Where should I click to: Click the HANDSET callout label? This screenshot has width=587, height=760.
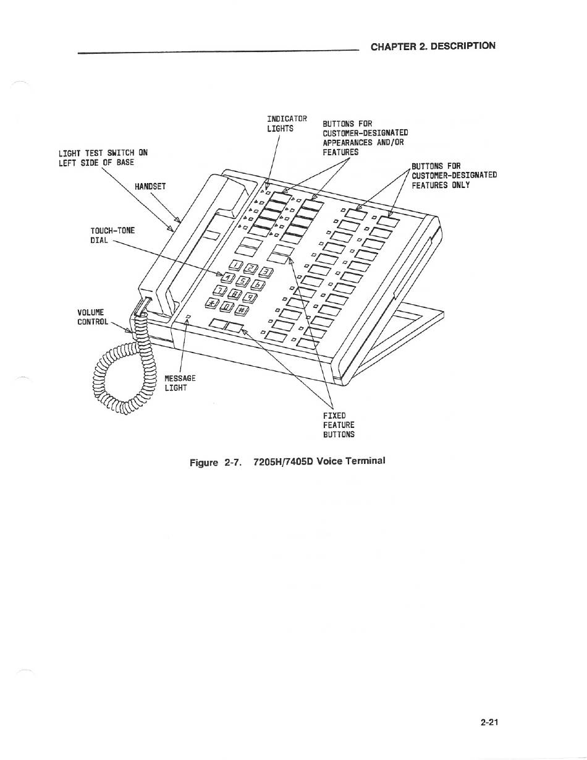pyautogui.click(x=150, y=186)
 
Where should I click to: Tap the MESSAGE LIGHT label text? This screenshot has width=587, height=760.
pyautogui.click(x=180, y=383)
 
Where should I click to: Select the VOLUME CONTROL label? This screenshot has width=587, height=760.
pyautogui.click(x=93, y=317)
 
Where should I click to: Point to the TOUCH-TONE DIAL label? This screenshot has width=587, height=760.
pyautogui.click(x=112, y=236)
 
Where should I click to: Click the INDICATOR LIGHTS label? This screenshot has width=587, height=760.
pyautogui.click(x=287, y=124)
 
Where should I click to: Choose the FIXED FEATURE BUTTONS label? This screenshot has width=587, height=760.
pyautogui.click(x=339, y=425)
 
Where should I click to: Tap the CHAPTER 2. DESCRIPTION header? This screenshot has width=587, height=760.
pyautogui.click(x=433, y=46)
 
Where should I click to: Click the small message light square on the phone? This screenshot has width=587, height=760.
pyautogui.click(x=188, y=317)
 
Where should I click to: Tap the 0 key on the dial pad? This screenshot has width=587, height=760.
pyautogui.click(x=226, y=306)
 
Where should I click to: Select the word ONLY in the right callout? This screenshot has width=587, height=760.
pyautogui.click(x=460, y=185)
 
